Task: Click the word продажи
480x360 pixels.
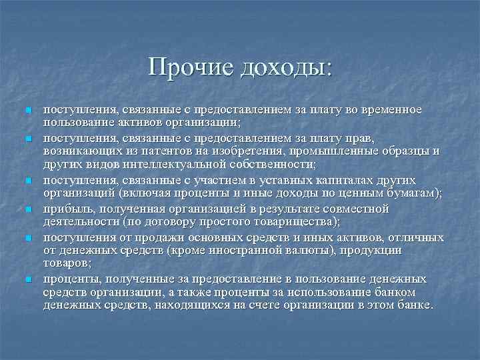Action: coord(151,237)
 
